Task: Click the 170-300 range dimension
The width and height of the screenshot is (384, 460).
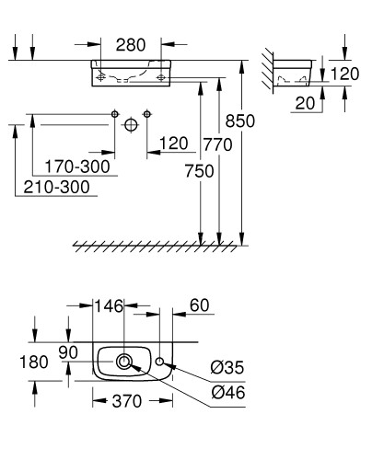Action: pos(77,167)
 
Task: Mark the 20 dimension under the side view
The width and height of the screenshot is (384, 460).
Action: pos(303,104)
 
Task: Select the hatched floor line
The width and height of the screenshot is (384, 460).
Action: pos(157,246)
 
